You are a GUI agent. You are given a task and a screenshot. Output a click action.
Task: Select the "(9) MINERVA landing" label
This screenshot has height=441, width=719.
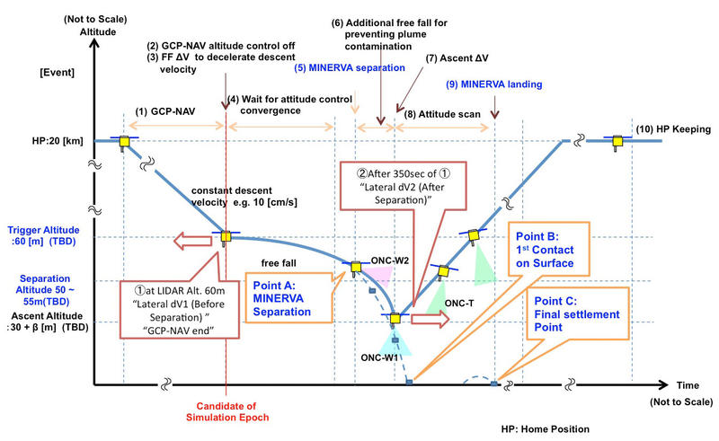coord(494,85)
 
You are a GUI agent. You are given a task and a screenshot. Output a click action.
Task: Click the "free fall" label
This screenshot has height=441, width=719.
coord(274,262)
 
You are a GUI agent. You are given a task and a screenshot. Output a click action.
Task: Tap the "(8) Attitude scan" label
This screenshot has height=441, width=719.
coord(439,114)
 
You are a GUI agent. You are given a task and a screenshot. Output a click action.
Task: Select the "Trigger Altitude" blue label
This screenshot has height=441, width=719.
coord(42,230)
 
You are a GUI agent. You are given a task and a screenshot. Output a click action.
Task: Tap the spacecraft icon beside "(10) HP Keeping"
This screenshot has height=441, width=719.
coord(617,141)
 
